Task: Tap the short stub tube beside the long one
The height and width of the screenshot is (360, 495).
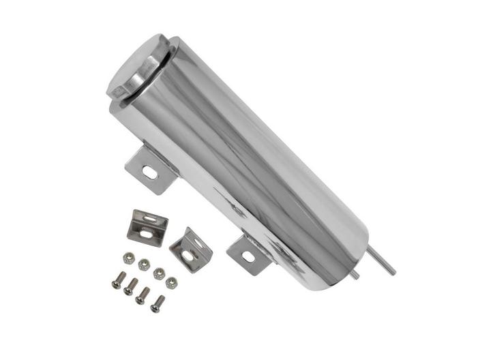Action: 355,274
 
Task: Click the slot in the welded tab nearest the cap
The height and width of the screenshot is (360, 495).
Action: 149,173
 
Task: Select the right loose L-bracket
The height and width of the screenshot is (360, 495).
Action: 190,248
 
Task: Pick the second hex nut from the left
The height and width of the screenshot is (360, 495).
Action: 144,265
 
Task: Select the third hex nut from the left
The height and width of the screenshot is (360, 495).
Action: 160,273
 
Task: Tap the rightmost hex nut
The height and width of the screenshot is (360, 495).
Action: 172,282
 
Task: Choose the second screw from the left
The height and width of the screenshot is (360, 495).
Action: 130,286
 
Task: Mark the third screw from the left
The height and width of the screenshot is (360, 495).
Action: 143,295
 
